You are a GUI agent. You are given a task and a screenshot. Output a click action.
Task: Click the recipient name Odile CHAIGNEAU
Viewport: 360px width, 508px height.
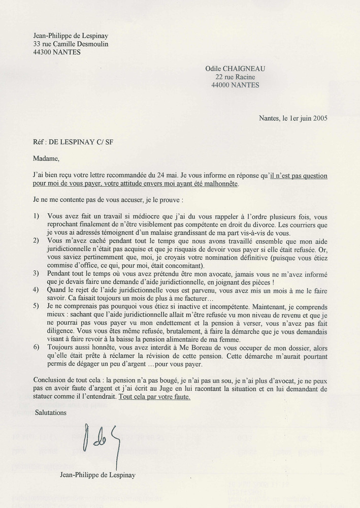[x=235, y=69]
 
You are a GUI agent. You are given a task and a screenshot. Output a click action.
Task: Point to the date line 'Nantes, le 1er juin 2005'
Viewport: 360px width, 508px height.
[x=293, y=118]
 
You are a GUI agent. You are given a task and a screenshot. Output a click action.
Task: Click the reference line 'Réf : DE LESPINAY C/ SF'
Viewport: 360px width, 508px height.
[x=73, y=142]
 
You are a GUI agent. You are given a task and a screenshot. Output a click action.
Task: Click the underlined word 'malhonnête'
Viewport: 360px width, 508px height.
[x=220, y=184]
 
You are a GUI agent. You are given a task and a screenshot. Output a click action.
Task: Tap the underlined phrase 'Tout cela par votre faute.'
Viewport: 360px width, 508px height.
[x=154, y=396]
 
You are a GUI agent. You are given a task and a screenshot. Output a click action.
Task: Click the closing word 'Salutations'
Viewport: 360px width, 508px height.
[x=51, y=412]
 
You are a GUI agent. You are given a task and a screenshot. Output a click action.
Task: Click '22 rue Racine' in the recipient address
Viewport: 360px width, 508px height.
[x=235, y=77]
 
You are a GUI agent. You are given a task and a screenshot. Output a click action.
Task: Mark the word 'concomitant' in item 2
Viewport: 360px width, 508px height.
[x=182, y=265]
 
